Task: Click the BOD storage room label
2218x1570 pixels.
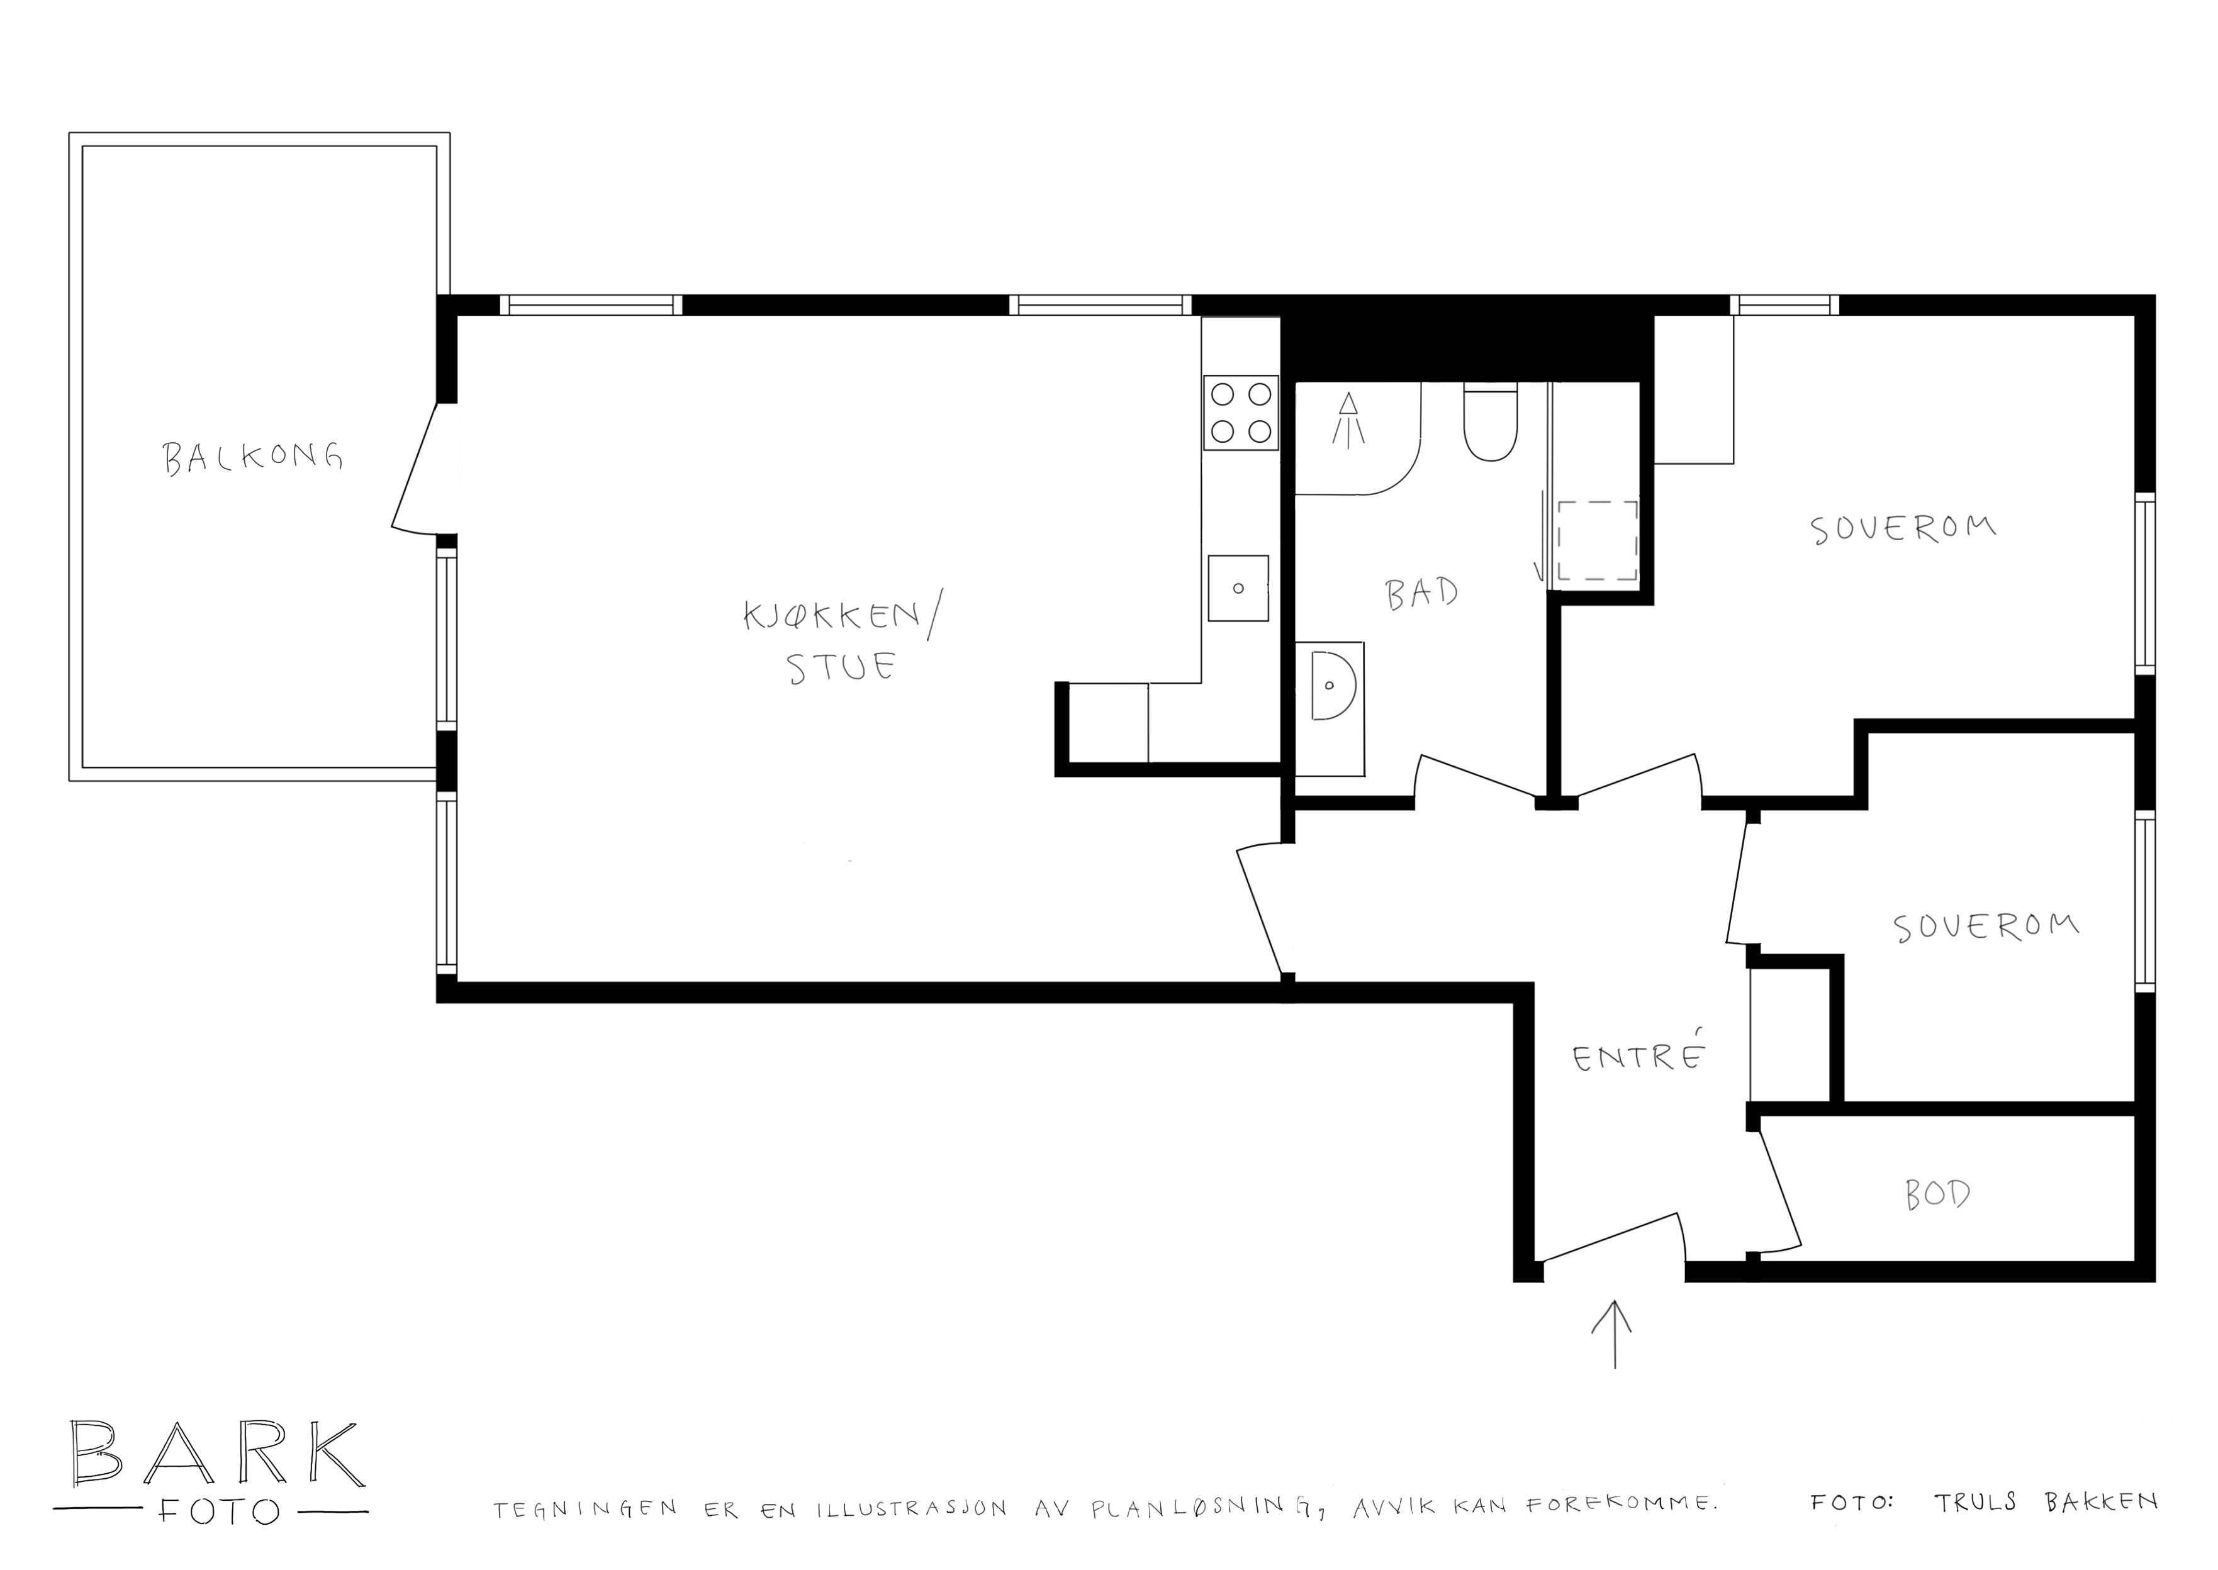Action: tap(1937, 1196)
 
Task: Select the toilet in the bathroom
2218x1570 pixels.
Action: tap(1490, 423)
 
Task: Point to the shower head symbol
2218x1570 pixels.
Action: tap(1349, 418)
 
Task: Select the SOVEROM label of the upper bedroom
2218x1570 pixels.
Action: tap(1903, 529)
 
